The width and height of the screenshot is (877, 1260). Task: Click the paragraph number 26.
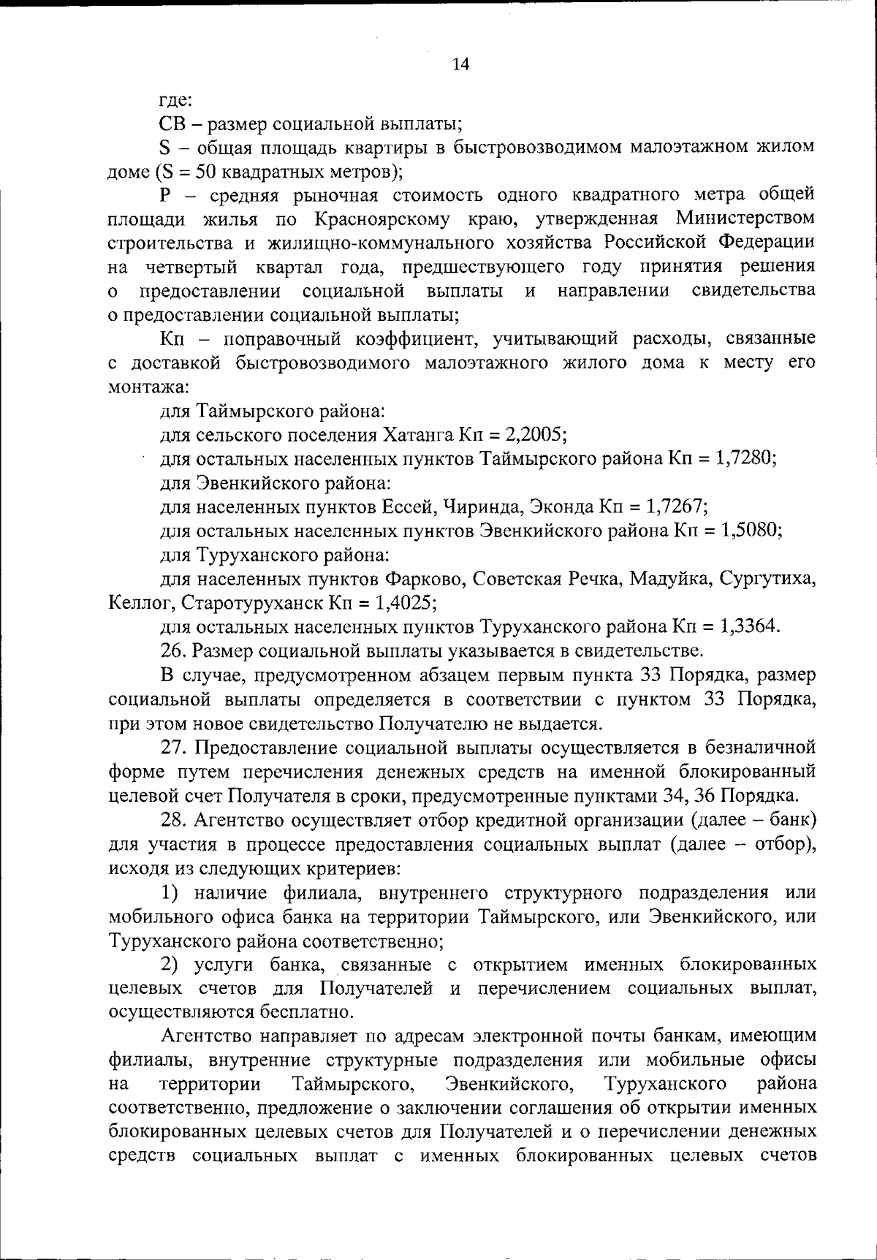(x=171, y=650)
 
